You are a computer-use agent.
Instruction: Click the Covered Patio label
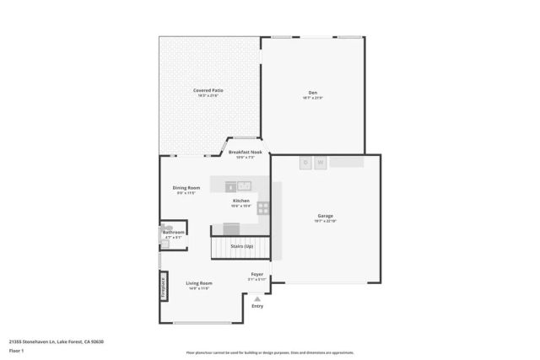tap(208, 90)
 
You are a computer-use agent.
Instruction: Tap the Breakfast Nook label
tap(245, 152)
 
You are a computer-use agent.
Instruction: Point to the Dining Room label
tap(186, 187)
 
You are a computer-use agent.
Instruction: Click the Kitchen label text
tap(240, 201)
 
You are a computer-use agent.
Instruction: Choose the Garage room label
tap(325, 216)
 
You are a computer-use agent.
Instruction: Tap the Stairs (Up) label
tap(242, 245)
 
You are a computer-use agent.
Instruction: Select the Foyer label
tap(256, 274)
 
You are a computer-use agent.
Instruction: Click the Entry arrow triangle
tap(257, 298)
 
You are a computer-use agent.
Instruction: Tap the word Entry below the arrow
tap(257, 306)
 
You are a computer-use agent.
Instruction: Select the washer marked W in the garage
tap(321, 162)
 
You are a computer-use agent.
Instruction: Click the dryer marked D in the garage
tap(306, 162)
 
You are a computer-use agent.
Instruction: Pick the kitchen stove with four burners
tap(263, 207)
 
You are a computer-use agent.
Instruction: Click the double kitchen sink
tap(244, 185)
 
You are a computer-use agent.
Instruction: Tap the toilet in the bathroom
tap(166, 228)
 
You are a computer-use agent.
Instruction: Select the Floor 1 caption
tap(16, 350)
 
